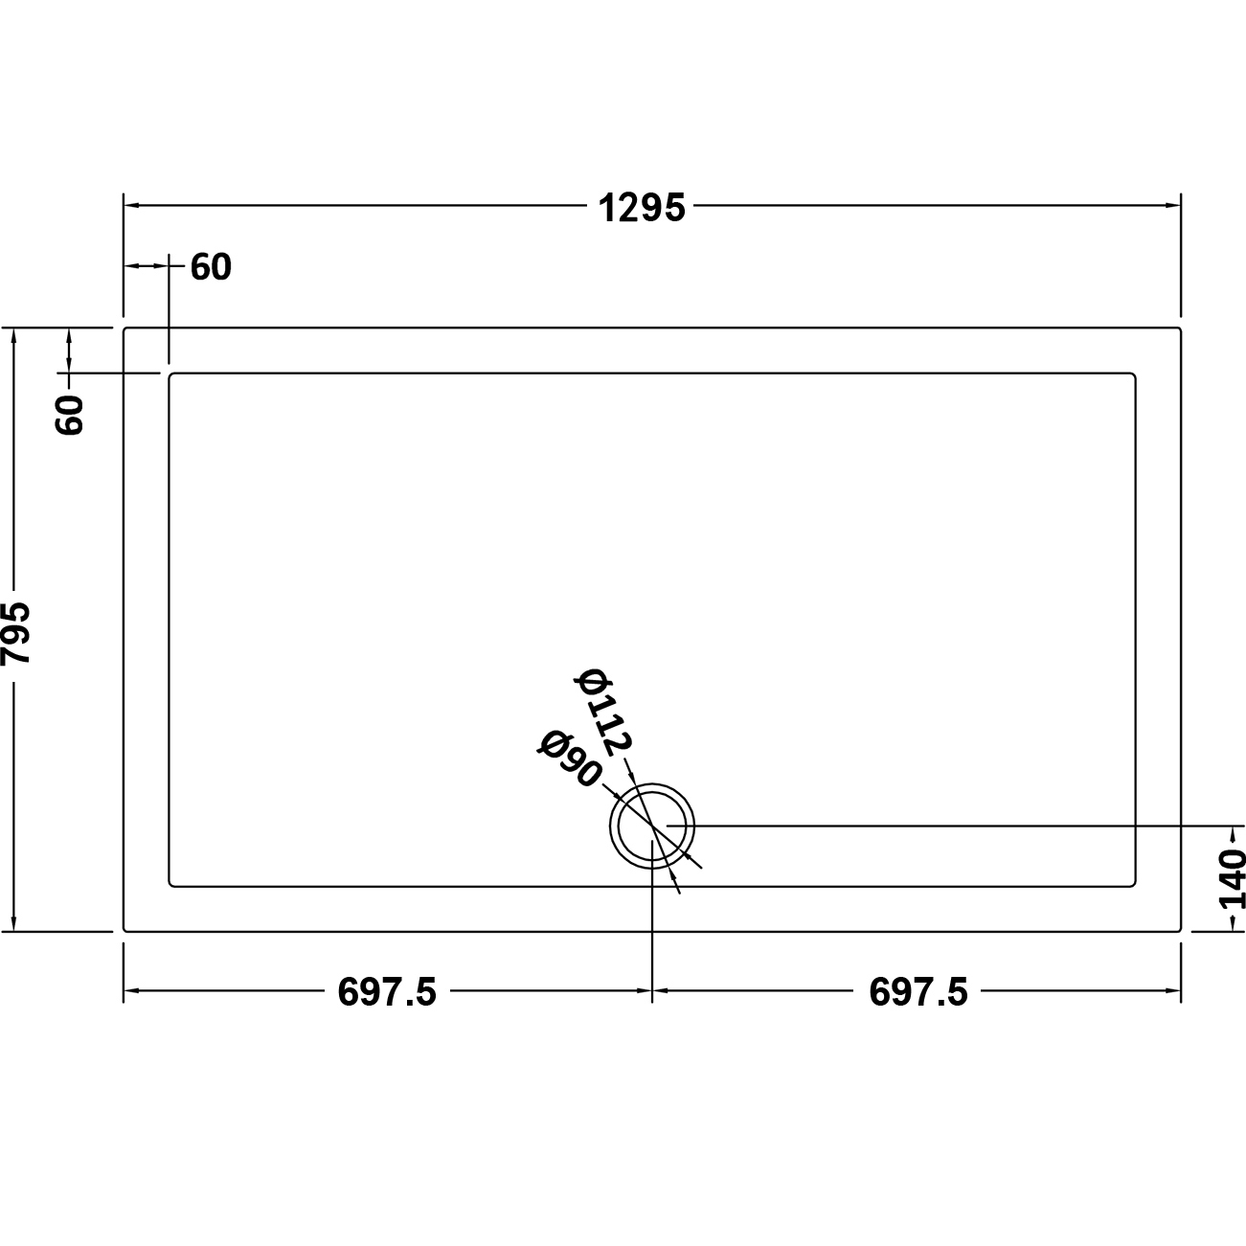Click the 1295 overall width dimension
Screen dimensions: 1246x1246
(x=643, y=207)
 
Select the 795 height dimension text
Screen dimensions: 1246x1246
(x=18, y=632)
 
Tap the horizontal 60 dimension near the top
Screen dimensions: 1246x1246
(x=211, y=268)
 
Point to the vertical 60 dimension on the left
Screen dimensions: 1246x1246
(x=71, y=414)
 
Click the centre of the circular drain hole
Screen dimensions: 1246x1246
(x=652, y=826)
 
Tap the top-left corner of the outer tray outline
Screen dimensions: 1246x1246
(x=125, y=329)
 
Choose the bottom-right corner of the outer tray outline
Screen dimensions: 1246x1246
(x=1180, y=929)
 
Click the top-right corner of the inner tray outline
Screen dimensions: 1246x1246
(x=1135, y=374)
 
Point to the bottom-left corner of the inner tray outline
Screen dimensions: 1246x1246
(x=170, y=886)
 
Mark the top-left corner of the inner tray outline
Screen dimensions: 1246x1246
(x=170, y=374)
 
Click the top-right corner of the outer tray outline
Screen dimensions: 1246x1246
(x=1180, y=329)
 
